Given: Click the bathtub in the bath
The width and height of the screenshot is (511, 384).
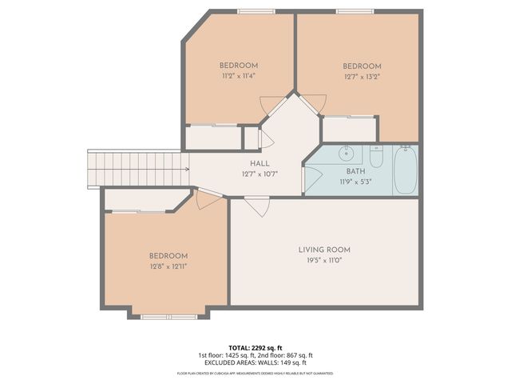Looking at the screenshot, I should pos(405,170).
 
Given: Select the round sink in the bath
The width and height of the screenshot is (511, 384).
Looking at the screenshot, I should pos(348,152).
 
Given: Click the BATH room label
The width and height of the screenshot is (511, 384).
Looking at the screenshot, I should pos(355,171).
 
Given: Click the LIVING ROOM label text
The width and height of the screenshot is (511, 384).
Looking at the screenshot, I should pos(324,250).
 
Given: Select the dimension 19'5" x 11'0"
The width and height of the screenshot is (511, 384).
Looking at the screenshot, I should pos(324,261).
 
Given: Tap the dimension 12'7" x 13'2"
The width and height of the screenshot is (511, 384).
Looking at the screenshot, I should pos(362,78).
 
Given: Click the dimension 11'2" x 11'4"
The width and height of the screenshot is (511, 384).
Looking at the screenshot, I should pos(239,76).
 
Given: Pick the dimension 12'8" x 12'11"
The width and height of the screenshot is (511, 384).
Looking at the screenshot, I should pos(168,266).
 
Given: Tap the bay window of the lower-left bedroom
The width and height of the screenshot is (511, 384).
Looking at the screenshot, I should pos(168,317).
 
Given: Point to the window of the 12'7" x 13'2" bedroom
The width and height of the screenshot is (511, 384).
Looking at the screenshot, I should pos(355,11).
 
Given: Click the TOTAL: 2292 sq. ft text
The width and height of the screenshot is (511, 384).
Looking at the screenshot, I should pos(255,347).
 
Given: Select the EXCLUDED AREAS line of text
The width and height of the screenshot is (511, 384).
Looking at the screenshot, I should pos(255,363).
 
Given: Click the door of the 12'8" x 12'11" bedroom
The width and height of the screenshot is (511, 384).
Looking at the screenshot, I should pos(207,198).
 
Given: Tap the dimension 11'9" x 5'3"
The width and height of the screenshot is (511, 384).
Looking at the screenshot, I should pos(355,182).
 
